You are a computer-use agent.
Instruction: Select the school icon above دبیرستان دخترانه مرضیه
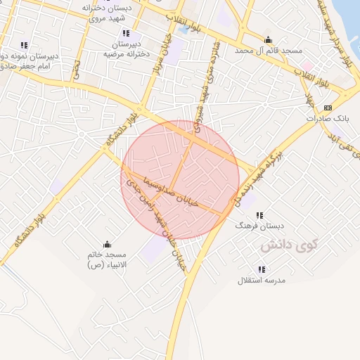[126, 33]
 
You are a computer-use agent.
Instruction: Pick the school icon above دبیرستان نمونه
[25, 46]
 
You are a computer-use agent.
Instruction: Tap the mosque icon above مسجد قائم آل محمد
[267, 39]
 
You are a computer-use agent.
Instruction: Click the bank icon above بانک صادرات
[328, 108]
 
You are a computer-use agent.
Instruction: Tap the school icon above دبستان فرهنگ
[259, 214]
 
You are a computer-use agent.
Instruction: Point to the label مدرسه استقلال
[260, 281]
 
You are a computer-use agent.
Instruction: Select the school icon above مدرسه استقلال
[262, 269]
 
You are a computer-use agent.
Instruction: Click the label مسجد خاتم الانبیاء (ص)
[106, 259]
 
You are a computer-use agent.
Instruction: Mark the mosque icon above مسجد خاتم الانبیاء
[106, 243]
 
